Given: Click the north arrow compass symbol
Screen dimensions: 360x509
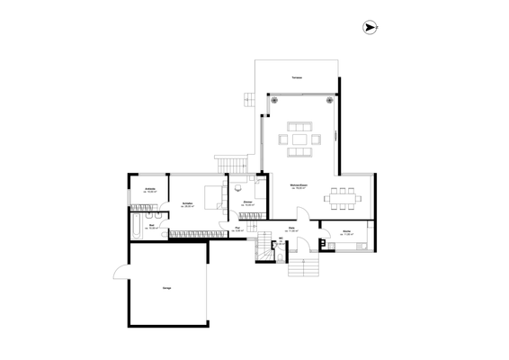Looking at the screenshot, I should tap(370, 29).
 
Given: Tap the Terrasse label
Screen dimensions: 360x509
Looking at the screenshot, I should tap(296, 78).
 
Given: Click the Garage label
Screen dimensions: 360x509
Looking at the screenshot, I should tap(166, 288).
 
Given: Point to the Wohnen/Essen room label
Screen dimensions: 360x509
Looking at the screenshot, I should tap(299, 186).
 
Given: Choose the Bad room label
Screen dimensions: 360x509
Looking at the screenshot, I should tap(153, 227).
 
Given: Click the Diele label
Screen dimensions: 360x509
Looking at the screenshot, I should tap(292, 229).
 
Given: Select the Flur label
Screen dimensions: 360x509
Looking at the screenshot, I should tap(238, 229).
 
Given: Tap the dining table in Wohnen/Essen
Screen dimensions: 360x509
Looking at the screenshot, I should tap(344, 195).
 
